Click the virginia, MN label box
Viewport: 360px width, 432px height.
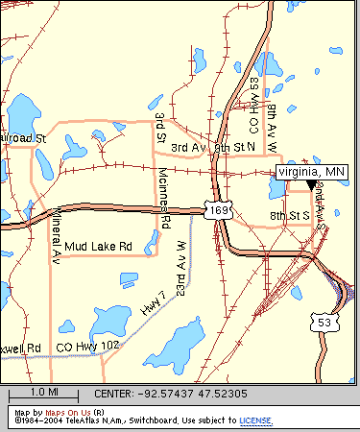point(312,171)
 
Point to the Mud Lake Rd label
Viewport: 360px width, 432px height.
point(110,247)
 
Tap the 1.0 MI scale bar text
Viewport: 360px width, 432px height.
point(44,393)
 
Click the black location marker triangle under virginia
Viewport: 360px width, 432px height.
point(310,186)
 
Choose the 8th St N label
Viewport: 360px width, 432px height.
point(235,147)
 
